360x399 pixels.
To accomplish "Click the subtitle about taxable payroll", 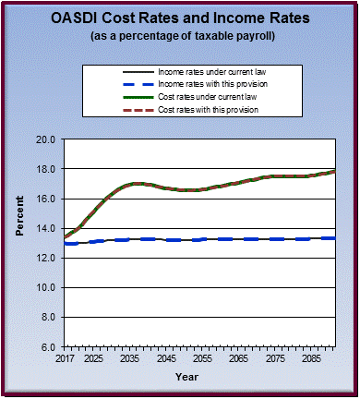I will (x=180, y=36).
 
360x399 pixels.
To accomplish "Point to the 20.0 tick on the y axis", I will (x=44, y=139).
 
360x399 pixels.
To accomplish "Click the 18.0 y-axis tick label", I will (x=44, y=169).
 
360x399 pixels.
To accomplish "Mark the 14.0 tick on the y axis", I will (x=44, y=228).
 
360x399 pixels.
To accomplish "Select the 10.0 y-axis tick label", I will (x=44, y=287).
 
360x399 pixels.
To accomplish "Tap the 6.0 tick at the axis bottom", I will (x=47, y=346).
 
